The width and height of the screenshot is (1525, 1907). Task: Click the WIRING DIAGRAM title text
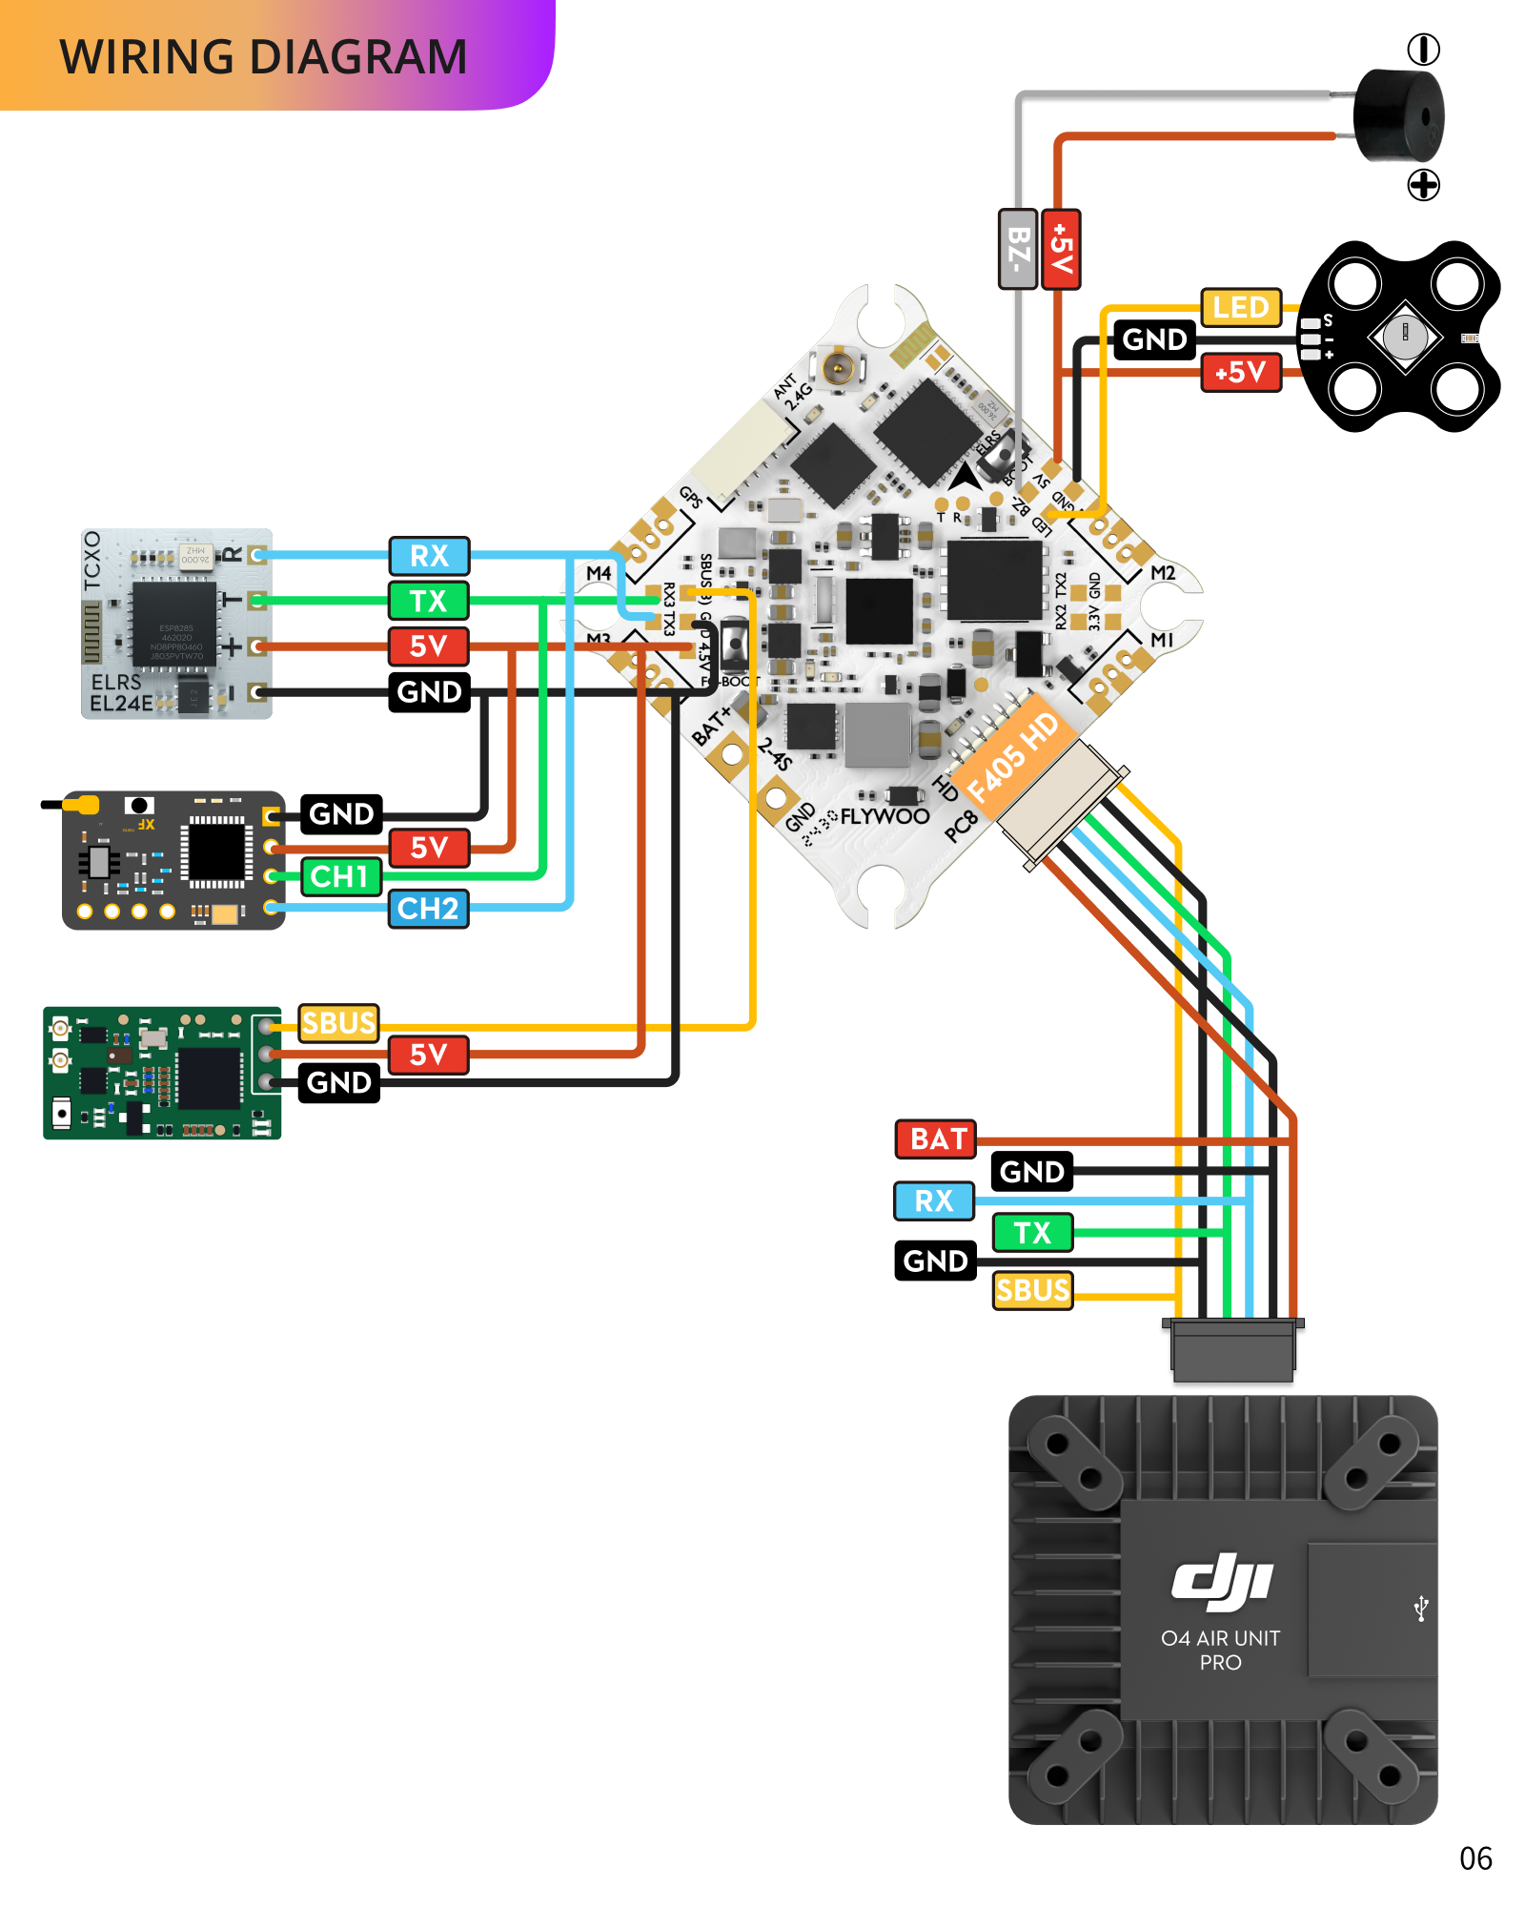click(263, 57)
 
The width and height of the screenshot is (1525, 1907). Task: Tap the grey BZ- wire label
click(1017, 249)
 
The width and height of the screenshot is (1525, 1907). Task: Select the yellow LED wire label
click(1240, 308)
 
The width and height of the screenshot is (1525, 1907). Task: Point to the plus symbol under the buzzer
click(1423, 185)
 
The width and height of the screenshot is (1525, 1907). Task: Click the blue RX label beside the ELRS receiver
click(429, 556)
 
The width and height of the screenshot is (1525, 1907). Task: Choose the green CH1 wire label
click(340, 876)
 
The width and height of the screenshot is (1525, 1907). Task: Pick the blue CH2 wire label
click(428, 909)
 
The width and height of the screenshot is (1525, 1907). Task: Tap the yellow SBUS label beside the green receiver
click(338, 1023)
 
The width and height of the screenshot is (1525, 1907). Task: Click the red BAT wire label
click(936, 1139)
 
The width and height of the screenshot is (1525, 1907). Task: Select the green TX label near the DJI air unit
click(1032, 1232)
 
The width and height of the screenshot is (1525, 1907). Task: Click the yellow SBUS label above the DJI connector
click(1032, 1290)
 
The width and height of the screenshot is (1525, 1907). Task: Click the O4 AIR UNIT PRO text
click(1220, 1650)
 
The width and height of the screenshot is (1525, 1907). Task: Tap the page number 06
click(1474, 1858)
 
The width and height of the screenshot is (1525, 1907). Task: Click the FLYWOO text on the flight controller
click(884, 816)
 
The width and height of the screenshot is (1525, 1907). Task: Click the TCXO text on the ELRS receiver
click(92, 561)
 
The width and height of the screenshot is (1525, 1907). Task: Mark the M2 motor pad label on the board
click(1163, 573)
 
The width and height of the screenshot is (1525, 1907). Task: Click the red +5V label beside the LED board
click(1240, 372)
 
